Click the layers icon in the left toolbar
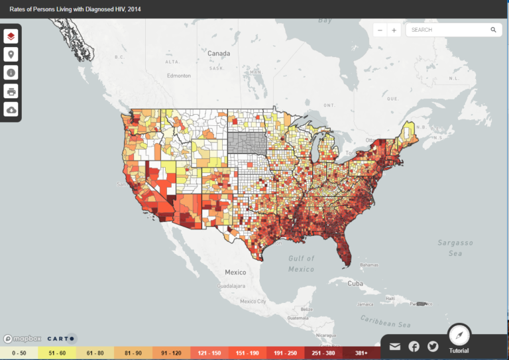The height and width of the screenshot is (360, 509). (11, 36)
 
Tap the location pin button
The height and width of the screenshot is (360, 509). (11, 55)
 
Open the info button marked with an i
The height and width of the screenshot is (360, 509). (11, 73)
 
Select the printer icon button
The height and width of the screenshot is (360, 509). (11, 91)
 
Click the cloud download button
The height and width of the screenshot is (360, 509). (11, 109)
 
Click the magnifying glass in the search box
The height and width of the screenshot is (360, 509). (493, 30)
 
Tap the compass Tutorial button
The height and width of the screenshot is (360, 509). (459, 335)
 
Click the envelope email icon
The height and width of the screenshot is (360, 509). (395, 346)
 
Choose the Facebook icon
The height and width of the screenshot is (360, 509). (414, 346)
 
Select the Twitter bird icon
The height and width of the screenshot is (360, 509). (433, 346)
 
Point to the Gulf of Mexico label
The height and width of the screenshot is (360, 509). (302, 264)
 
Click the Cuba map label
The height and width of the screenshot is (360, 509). (356, 283)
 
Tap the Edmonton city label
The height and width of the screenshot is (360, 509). (178, 76)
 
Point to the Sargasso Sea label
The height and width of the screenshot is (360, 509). (454, 248)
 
